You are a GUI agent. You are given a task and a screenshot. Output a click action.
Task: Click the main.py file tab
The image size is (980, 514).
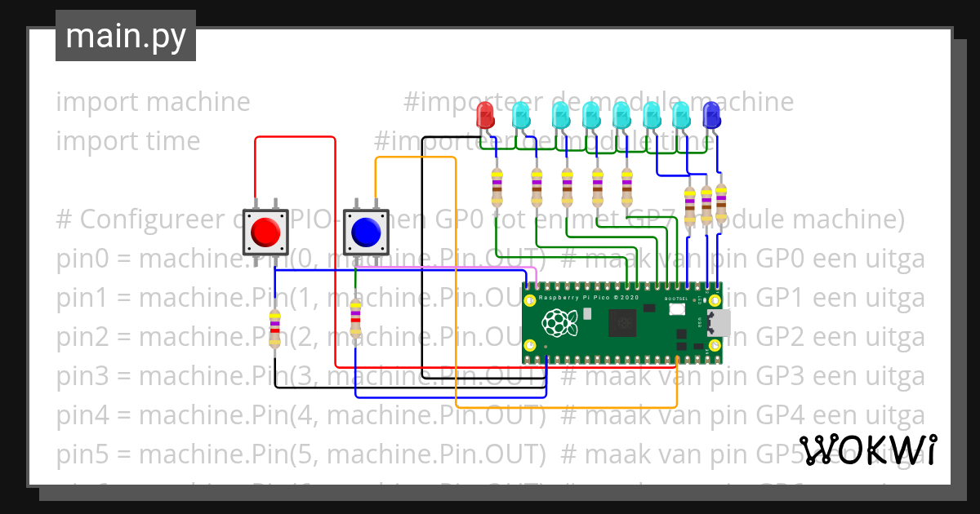tap(125, 36)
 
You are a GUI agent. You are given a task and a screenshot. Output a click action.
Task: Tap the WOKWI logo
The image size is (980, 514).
tap(867, 450)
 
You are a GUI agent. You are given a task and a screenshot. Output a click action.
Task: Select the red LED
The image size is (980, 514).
tap(485, 115)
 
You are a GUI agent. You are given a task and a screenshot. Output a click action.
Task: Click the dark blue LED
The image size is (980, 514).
tap(711, 115)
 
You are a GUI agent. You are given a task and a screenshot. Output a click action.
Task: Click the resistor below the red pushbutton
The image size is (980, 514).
tap(275, 328)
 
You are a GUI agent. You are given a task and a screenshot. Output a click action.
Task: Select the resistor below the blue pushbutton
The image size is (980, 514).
tap(355, 319)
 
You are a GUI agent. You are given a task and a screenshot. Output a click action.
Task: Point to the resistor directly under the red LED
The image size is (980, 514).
tap(497, 188)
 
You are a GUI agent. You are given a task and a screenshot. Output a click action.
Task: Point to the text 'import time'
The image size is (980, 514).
tap(128, 141)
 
